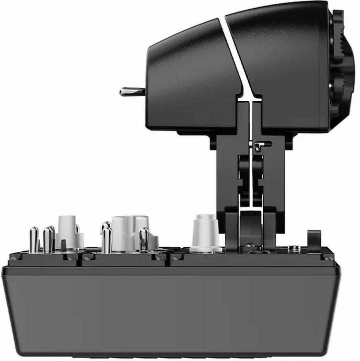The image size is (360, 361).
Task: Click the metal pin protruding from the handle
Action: click(131, 91)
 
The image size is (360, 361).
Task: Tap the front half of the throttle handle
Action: click(191, 75)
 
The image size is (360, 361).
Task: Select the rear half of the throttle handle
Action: click(281, 65)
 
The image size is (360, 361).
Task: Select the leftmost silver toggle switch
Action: click(34, 239)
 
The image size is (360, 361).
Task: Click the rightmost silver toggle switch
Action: click(144, 239)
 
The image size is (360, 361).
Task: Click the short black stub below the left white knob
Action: click(63, 245)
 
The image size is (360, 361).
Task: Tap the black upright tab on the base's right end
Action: click(313, 241)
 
